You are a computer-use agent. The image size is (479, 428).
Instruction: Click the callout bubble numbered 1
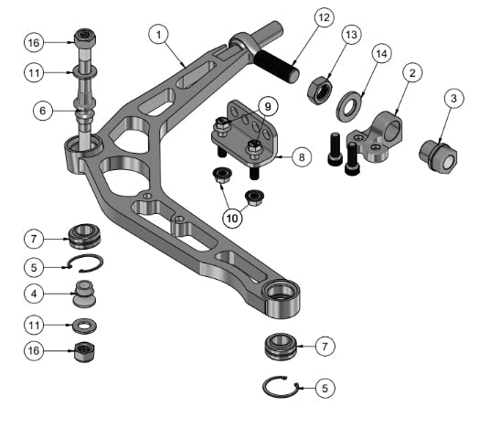tap(159, 35)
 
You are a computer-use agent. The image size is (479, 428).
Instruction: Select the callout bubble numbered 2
tap(413, 72)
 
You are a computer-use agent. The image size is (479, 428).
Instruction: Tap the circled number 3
tap(452, 98)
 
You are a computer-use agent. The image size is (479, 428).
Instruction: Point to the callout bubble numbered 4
tap(34, 295)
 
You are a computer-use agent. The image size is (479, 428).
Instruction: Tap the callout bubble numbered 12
tap(324, 18)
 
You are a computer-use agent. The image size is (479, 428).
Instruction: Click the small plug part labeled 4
tap(86, 299)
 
